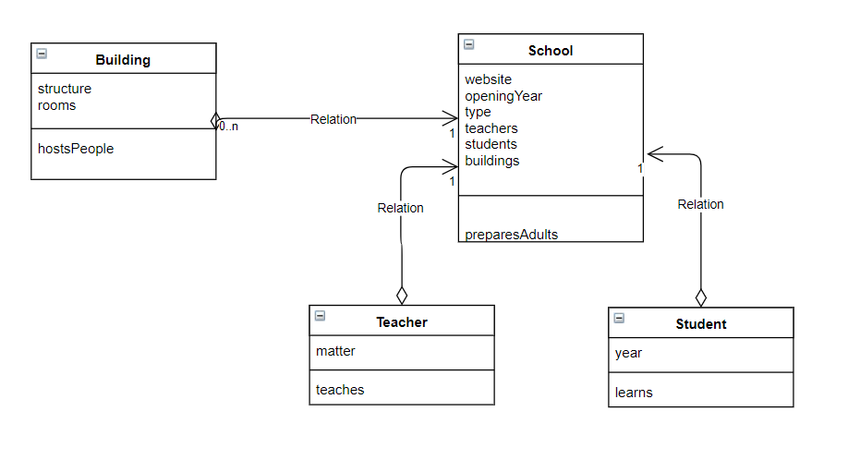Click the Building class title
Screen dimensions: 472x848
[123, 60]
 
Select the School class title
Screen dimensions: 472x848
[551, 51]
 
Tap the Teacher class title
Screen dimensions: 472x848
[402, 322]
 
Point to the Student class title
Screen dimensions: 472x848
[701, 324]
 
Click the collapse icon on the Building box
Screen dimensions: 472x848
[42, 54]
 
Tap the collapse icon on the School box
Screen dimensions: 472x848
[469, 44]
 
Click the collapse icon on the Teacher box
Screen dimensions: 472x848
[320, 316]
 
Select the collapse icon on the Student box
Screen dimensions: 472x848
[619, 318]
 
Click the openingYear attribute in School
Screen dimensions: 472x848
[503, 96]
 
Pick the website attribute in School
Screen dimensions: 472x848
[488, 79]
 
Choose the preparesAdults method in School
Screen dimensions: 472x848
[511, 235]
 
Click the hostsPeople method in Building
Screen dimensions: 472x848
[76, 149]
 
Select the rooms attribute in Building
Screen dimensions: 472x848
[57, 105]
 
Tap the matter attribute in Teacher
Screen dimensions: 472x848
[335, 351]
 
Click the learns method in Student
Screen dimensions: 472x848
[634, 393]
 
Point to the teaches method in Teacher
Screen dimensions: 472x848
[340, 390]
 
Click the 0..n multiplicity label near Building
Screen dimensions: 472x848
[229, 127]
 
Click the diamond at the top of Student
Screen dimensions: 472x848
[701, 297]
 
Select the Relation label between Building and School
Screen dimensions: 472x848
[333, 119]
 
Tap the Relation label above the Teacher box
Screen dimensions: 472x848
[401, 208]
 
